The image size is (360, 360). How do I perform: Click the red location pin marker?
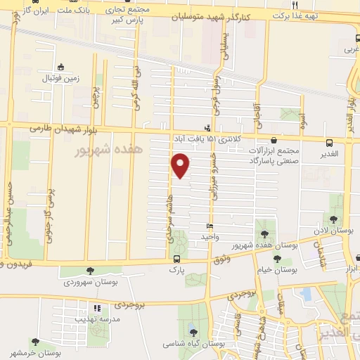click(x=181, y=166)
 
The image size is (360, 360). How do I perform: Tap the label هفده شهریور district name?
click(x=110, y=150)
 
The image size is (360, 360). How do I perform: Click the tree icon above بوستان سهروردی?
click(x=89, y=271)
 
